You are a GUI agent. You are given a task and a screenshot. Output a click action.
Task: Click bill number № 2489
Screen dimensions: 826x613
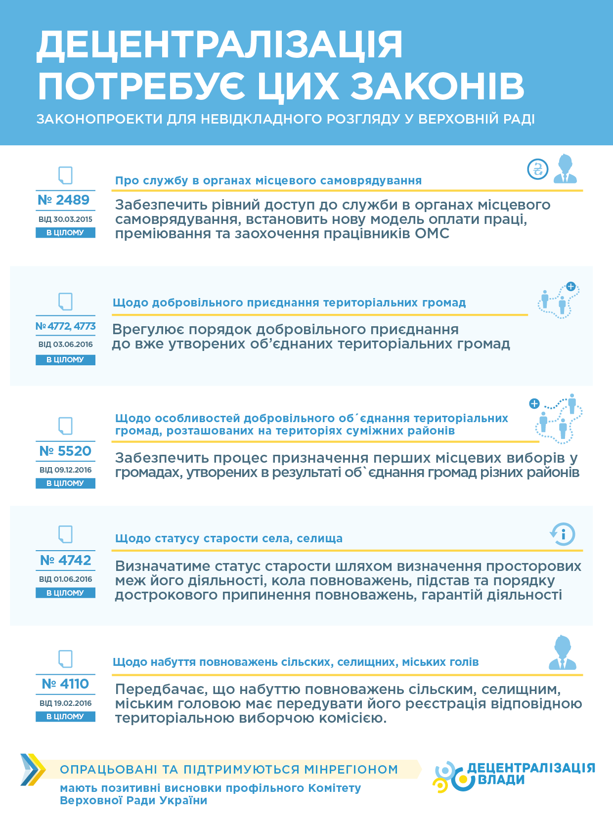tap(64, 200)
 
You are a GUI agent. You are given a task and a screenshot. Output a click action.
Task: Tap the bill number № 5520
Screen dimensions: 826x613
tap(65, 451)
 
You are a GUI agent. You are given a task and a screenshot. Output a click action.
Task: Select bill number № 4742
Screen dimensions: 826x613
tap(65, 561)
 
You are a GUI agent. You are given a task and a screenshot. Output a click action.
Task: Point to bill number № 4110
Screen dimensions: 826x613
tap(65, 684)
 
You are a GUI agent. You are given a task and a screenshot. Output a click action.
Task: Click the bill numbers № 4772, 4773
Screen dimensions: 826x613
tap(65, 326)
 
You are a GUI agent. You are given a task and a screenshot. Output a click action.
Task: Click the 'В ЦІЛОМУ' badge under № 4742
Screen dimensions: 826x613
tap(65, 593)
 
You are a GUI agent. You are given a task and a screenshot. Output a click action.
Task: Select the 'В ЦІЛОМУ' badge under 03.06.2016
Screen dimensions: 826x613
tap(65, 360)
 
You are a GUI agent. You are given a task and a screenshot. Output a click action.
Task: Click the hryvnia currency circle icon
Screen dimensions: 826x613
tap(537, 170)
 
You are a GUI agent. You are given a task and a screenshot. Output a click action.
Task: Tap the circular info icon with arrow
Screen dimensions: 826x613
tap(563, 534)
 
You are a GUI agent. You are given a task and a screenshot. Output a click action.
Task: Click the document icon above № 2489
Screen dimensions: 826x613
tap(65, 175)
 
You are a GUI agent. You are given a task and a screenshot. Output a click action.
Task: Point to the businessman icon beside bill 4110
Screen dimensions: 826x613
tap(563, 653)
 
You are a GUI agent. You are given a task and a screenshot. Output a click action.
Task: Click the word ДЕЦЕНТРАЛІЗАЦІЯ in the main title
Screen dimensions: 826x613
tap(220, 45)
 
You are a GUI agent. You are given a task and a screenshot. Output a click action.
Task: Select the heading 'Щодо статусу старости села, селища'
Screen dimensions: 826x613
tap(228, 538)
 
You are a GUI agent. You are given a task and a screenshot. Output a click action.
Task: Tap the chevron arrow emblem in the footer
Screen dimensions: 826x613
tap(32, 770)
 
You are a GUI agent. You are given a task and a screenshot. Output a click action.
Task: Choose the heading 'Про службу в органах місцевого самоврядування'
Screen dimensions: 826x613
tap(268, 181)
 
